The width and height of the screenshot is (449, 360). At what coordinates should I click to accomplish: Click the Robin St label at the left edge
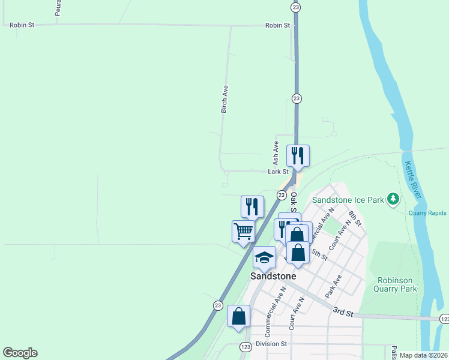[22, 26]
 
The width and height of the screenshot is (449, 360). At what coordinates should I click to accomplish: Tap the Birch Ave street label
[224, 99]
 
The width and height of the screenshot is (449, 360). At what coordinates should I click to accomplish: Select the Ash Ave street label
[276, 153]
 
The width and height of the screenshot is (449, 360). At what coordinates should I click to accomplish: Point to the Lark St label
[279, 172]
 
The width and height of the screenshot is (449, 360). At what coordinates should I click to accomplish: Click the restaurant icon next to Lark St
[298, 156]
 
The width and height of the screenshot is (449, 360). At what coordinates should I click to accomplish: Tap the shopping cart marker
[243, 231]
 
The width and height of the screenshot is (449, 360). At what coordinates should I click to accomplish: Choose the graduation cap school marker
[264, 257]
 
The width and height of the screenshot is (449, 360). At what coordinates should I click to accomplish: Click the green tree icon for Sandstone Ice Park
[393, 198]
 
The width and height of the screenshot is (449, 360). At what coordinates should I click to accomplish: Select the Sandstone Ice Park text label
[348, 199]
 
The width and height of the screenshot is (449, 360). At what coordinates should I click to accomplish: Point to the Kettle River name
[414, 180]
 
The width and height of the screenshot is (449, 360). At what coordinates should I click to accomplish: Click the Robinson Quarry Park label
[397, 284]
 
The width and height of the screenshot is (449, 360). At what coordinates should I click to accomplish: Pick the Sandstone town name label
[273, 276]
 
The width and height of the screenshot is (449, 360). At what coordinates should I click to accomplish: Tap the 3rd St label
[344, 312]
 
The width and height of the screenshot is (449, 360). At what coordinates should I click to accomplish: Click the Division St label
[271, 344]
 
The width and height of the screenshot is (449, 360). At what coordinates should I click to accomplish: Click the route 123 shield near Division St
[245, 347]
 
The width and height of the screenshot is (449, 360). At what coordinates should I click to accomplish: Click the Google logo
[20, 353]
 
